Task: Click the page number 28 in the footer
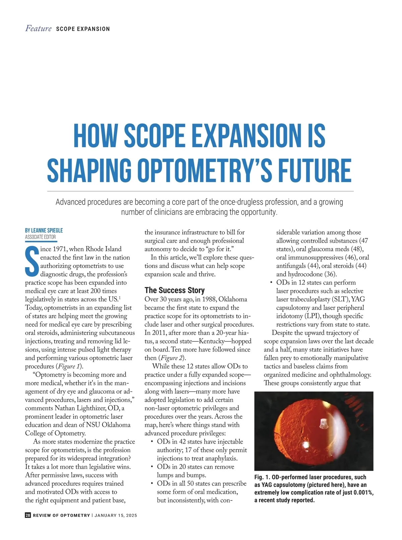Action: click(x=28, y=515)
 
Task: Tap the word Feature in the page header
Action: click(x=39, y=28)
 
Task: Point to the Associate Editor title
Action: click(x=41, y=237)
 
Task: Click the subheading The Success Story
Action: click(x=175, y=290)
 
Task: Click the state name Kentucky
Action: click(x=212, y=341)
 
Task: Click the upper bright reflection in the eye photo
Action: click(x=323, y=424)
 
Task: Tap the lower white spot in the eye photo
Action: click(x=306, y=445)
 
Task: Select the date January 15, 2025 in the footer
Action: click(x=116, y=516)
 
